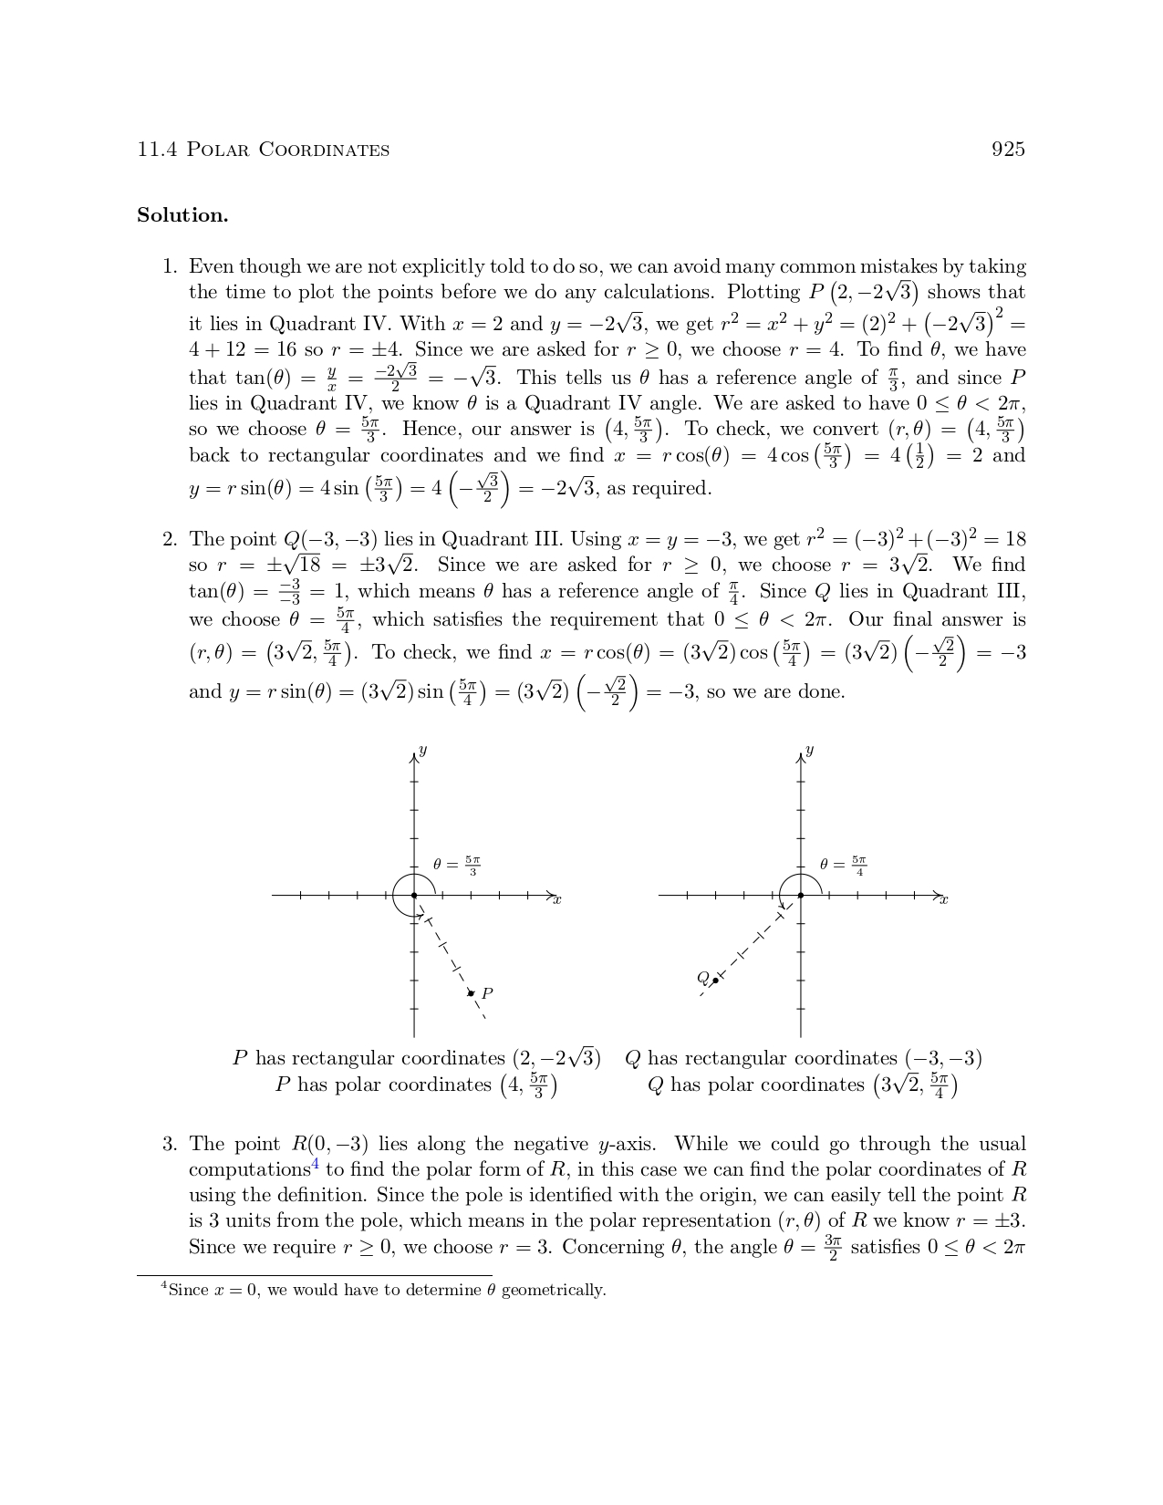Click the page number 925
1008,150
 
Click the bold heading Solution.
182,216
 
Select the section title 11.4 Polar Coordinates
263,150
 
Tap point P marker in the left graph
471,992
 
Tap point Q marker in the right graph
715,981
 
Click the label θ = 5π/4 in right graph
843,866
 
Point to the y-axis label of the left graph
422,751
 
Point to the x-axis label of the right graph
944,900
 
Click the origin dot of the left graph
414,896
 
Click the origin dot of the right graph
801,896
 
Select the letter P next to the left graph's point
487,993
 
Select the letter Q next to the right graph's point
702,978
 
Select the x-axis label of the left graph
557,900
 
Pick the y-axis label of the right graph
809,751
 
